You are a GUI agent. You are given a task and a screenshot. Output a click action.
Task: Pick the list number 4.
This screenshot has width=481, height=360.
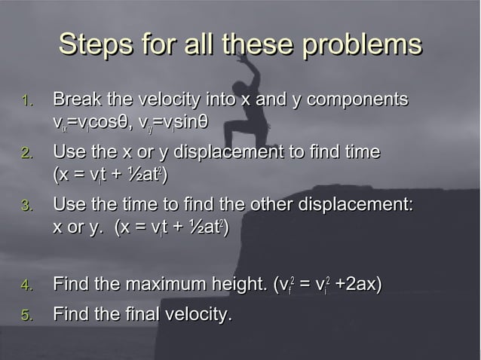coord(26,285)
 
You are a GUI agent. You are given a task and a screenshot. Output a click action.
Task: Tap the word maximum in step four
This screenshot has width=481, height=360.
coord(153,285)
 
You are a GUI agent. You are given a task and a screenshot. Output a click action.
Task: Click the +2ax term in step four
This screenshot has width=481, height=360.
coord(358,285)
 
